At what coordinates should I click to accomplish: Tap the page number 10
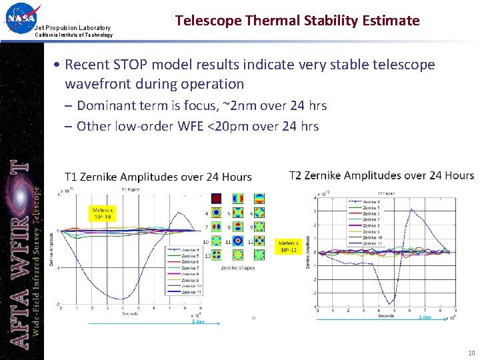click(x=471, y=353)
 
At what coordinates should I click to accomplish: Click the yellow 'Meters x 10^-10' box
click(x=102, y=214)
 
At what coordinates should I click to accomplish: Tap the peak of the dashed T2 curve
click(x=411, y=209)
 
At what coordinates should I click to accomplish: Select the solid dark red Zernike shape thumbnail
click(x=216, y=198)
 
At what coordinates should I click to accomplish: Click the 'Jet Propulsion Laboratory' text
click(x=73, y=27)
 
